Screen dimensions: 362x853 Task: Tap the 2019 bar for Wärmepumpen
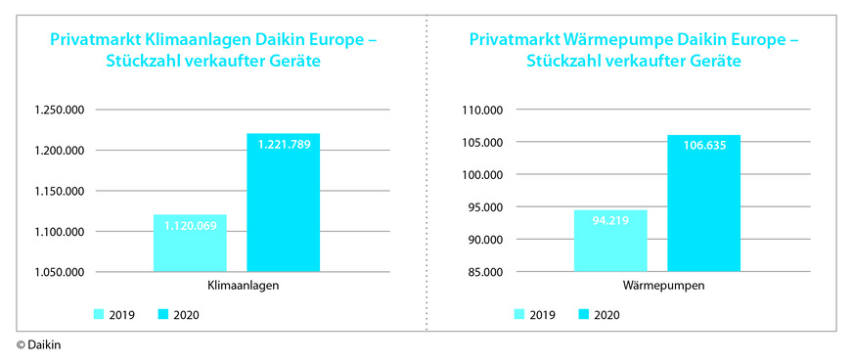click(x=610, y=241)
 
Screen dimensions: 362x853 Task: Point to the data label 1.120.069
click(x=190, y=225)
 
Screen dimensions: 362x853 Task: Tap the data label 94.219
click(x=610, y=220)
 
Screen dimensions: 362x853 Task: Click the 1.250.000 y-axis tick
click(x=60, y=111)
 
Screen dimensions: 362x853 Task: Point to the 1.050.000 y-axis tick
click(x=60, y=272)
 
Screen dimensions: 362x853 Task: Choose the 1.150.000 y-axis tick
click(x=60, y=191)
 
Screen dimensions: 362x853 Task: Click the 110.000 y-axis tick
click(x=481, y=111)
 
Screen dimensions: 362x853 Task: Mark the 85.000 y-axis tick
click(x=481, y=272)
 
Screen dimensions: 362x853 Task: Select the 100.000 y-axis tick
click(x=481, y=175)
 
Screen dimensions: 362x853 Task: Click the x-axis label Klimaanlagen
click(x=237, y=286)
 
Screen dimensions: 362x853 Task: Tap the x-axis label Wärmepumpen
click(x=657, y=286)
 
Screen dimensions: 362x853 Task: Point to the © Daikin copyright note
click(x=37, y=345)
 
